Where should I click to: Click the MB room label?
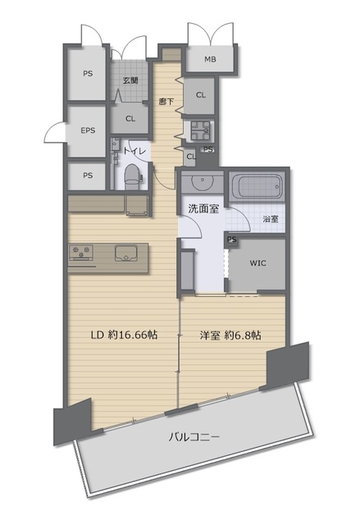(x=210, y=60)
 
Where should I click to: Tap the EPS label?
(x=88, y=130)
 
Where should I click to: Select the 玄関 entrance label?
(x=130, y=80)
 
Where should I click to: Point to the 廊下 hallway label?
(x=166, y=101)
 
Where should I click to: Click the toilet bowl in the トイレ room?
(x=131, y=177)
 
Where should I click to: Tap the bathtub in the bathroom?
(x=257, y=187)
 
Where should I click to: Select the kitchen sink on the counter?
(x=126, y=253)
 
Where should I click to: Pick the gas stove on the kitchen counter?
(x=80, y=253)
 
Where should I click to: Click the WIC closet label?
(x=258, y=263)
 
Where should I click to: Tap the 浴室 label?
(x=271, y=219)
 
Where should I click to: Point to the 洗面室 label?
(x=203, y=209)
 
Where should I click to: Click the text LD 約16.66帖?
(x=124, y=335)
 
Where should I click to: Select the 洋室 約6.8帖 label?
(x=230, y=336)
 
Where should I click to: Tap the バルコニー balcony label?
(x=194, y=436)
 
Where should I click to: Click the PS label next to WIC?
(x=232, y=240)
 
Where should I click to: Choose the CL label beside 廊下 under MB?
(x=201, y=95)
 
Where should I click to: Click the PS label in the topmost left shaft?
(x=88, y=74)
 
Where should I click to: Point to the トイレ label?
(x=134, y=151)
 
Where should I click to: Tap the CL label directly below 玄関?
(x=130, y=119)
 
